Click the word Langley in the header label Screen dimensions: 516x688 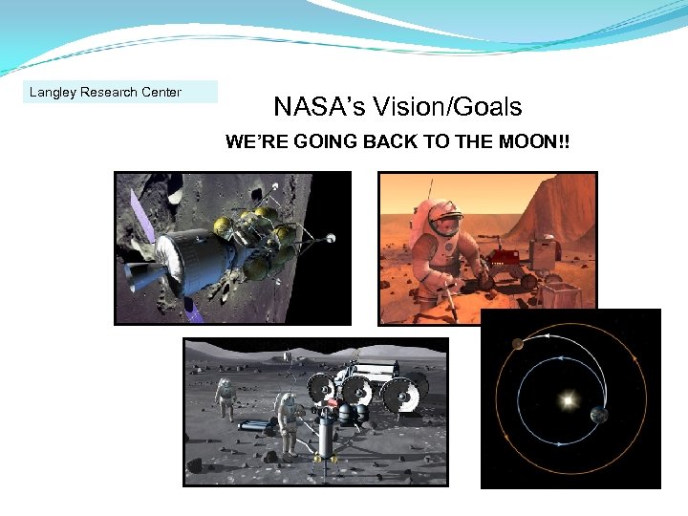click(x=53, y=93)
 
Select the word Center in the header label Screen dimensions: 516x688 click(x=160, y=93)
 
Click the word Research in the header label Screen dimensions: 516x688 click(x=107, y=93)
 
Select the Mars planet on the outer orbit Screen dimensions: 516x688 click(x=517, y=345)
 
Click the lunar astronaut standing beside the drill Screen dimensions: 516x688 click(x=286, y=420)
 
